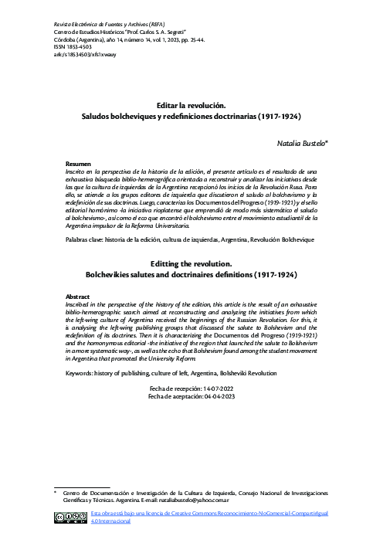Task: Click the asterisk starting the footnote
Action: [56, 491]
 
